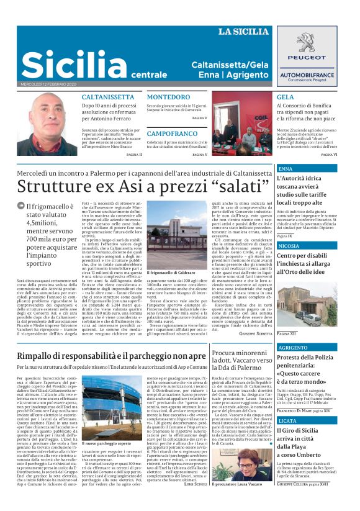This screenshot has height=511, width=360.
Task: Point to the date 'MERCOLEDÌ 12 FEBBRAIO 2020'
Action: tap(48, 84)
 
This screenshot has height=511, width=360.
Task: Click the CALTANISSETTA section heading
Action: tap(108, 97)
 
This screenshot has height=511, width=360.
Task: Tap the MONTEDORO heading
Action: tap(169, 97)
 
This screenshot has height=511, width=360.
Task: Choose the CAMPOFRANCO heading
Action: tap(173, 133)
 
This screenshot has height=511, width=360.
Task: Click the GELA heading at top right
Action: tap(286, 97)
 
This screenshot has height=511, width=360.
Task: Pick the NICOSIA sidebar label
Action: tap(289, 246)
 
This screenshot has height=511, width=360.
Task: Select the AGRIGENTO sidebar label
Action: tap(293, 348)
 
